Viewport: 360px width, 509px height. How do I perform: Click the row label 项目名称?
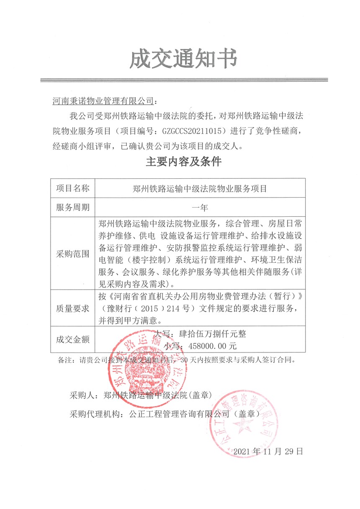73,188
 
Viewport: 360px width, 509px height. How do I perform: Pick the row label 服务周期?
73,207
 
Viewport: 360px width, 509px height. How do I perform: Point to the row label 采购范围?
73,254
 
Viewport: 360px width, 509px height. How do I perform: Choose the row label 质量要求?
73,309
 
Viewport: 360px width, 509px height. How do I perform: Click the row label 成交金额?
73,339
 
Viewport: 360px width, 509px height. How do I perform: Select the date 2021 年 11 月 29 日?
267,452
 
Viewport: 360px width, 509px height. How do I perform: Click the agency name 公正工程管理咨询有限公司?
180,414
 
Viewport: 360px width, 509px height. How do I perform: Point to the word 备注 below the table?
63,360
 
